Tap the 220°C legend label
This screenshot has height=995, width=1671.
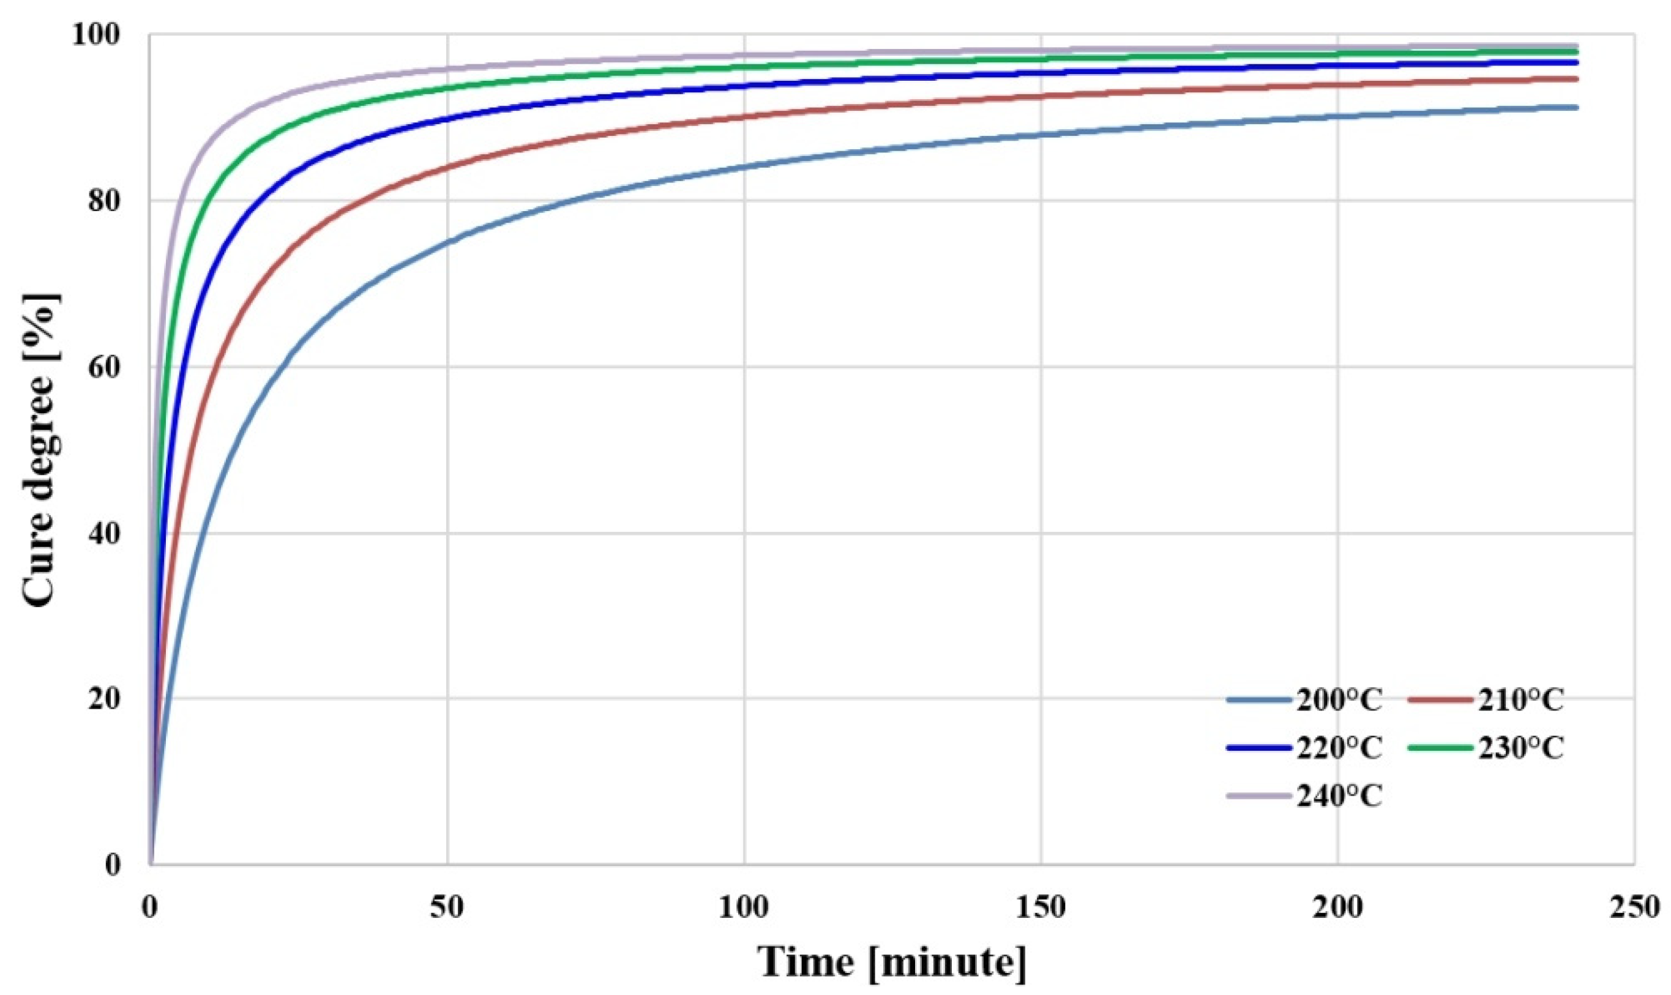1339,748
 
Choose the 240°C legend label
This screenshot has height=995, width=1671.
1339,797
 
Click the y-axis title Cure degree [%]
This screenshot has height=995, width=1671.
42,449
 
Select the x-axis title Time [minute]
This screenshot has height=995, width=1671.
892,963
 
